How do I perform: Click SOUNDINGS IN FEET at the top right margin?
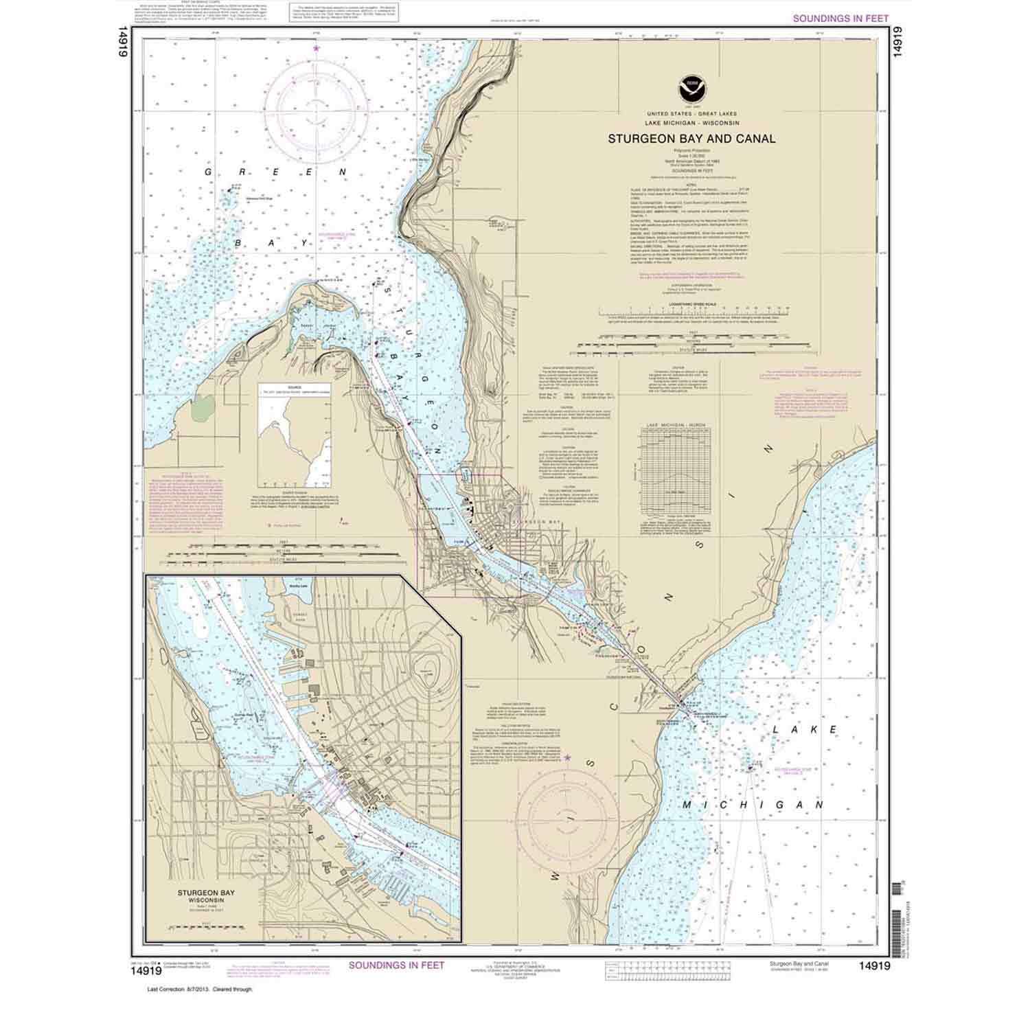(840, 19)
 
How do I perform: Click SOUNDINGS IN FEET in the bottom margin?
(396, 965)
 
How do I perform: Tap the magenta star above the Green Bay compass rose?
(316, 49)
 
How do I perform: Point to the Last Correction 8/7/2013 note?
(201, 989)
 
